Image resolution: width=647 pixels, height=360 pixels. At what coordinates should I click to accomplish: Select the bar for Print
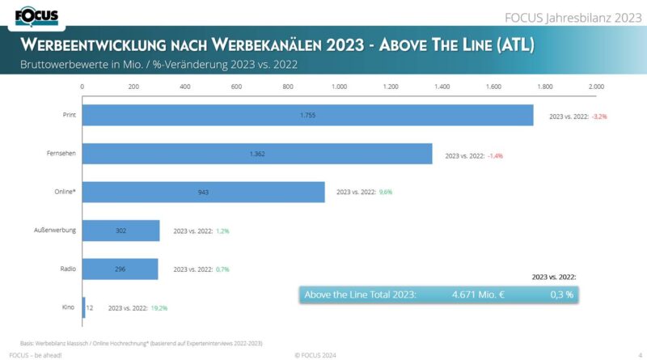tap(308, 116)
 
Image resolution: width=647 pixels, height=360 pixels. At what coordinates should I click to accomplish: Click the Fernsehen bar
tap(257, 154)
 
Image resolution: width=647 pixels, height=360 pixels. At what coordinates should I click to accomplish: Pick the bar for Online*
tap(204, 192)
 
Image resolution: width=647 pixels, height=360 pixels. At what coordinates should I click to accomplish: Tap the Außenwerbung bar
tap(121, 231)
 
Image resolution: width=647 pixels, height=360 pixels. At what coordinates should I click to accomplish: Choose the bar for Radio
tap(121, 269)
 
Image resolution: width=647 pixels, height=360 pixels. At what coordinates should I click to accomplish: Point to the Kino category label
tap(69, 307)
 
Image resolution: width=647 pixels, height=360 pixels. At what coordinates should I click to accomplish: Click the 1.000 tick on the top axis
tap(340, 86)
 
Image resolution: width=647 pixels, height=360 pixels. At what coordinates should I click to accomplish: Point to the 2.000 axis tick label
tap(596, 86)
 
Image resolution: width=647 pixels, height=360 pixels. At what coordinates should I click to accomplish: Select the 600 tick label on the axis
tap(236, 86)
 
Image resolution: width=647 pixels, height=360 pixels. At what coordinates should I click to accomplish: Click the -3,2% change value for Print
tap(599, 116)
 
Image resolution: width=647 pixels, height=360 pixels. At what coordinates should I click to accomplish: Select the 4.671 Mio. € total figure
tap(478, 294)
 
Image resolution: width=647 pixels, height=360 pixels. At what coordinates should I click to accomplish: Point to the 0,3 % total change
tap(561, 294)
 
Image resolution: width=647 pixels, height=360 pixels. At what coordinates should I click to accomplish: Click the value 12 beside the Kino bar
tap(91, 307)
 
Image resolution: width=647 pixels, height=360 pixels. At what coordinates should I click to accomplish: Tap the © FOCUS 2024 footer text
tap(315, 355)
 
